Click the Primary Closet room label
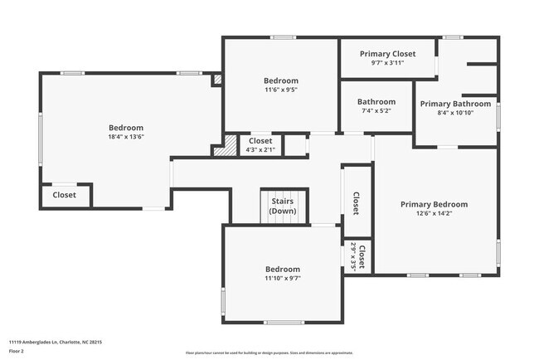tap(387, 54)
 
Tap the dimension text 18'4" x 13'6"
tap(126, 137)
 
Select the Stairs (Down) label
tap(283, 206)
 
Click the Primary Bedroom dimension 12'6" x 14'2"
tap(434, 213)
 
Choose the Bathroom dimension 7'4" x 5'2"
tap(376, 110)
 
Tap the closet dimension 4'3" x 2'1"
tap(260, 150)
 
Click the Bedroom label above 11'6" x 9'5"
tap(280, 80)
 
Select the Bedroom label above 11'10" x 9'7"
tap(283, 269)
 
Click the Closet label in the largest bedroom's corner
tap(65, 195)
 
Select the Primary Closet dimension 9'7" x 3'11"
tap(387, 62)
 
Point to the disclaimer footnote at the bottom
tap(269, 353)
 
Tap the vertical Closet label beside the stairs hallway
tap(356, 203)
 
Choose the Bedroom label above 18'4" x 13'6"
tap(126, 128)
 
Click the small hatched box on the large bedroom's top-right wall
tap(217, 80)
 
